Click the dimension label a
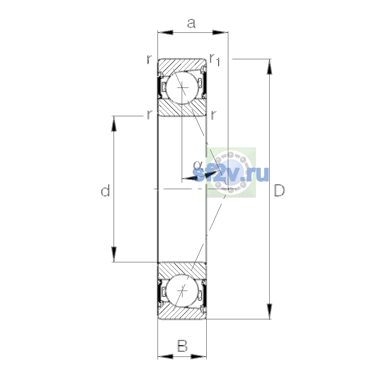191,24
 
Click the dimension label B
182,346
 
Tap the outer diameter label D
279,190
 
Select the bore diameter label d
105,190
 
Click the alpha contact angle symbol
198,165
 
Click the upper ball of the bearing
182,88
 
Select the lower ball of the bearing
182,291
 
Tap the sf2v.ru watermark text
230,174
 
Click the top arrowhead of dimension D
269,67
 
